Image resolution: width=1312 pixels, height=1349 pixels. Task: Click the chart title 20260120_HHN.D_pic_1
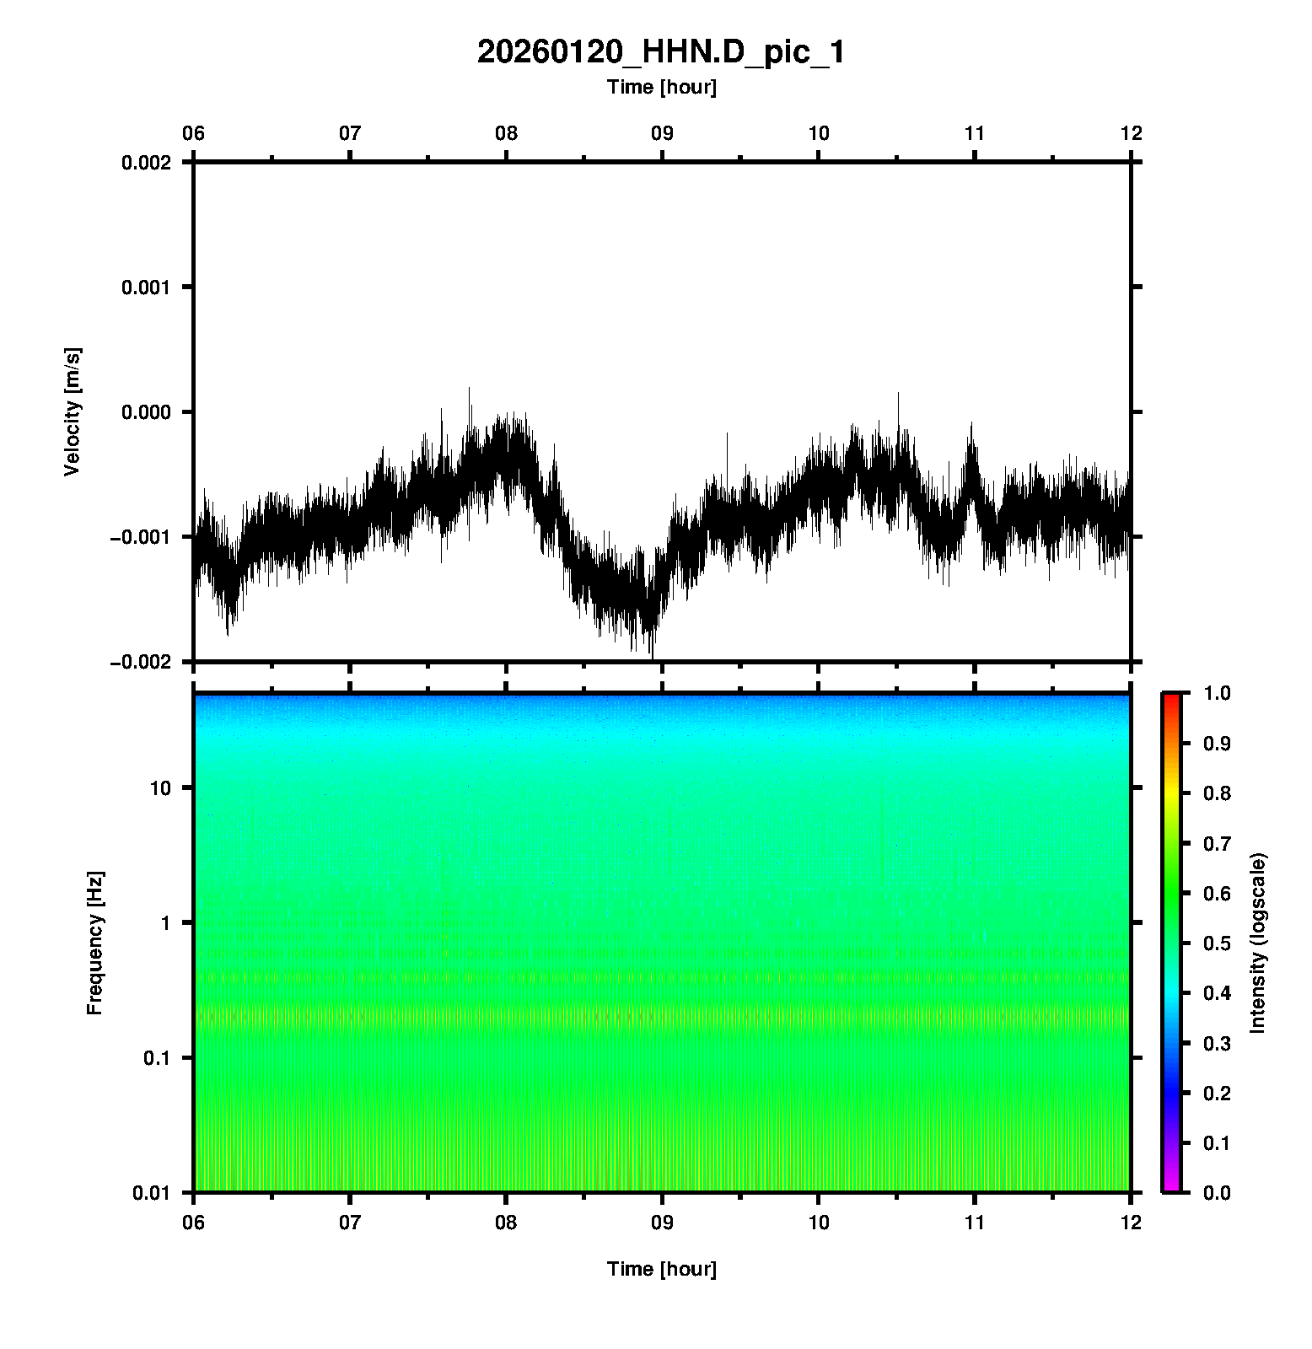pos(661,52)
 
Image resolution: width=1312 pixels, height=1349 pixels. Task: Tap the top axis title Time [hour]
pos(661,87)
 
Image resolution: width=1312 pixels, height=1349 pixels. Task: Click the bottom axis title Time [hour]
pos(661,1268)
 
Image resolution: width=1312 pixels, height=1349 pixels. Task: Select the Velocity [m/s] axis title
pos(73,411)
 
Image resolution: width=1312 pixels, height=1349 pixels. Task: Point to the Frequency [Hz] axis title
pos(94,943)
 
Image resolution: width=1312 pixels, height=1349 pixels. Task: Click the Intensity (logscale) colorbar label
pos(1258,943)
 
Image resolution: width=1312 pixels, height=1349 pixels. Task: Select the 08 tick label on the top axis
pos(506,133)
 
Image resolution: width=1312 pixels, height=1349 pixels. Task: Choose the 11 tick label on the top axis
pos(974,133)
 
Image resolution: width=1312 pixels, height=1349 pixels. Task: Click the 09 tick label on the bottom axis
pos(662,1222)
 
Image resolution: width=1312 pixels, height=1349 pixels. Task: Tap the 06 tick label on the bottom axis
pos(194,1222)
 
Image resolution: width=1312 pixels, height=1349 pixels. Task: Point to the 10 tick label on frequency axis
pos(159,788)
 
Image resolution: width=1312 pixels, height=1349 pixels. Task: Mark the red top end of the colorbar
pos(1170,698)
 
